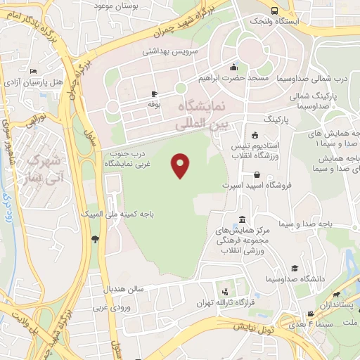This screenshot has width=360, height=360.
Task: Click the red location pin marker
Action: [x=181, y=165]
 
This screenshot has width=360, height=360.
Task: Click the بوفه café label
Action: [x=155, y=103]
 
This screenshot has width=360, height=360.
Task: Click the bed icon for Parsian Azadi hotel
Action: [x=33, y=71]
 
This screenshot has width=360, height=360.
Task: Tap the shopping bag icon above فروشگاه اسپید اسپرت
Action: [x=257, y=174]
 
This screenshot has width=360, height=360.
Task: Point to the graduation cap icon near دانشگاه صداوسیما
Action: [x=295, y=268]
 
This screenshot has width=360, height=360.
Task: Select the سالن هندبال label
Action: [x=124, y=289]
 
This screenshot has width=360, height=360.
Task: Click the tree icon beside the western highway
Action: [x=95, y=239]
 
